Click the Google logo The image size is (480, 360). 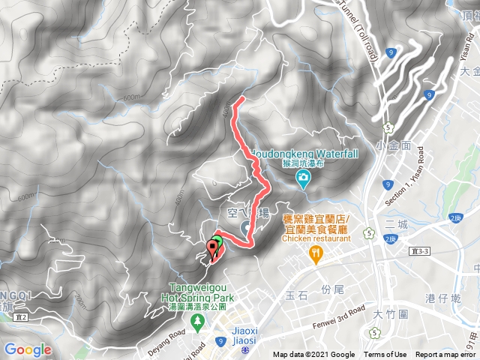28,349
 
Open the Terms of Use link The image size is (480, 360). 385,355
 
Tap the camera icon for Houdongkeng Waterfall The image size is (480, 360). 303,178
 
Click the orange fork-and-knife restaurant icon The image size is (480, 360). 316,255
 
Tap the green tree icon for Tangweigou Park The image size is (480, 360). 197,323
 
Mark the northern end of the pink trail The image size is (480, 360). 239,99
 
